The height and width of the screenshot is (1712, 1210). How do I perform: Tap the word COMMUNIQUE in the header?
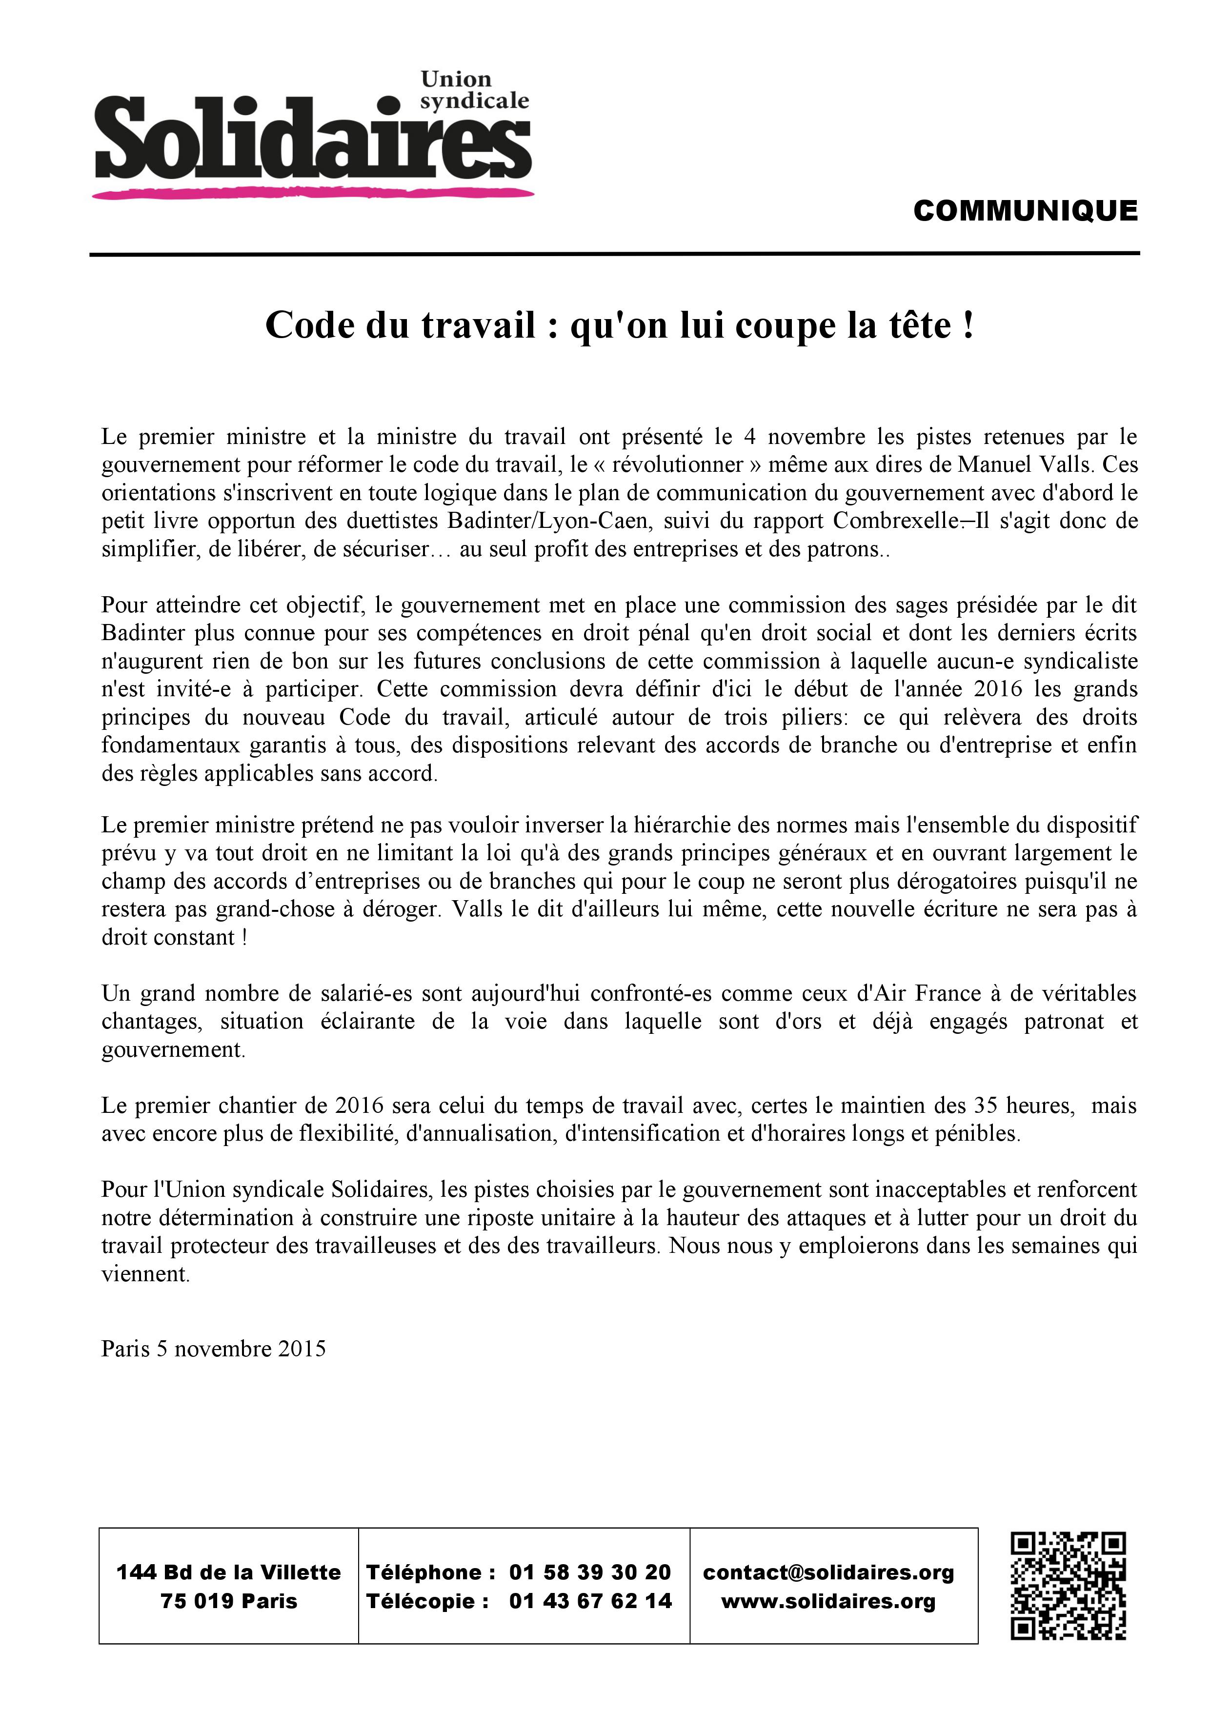[x=1025, y=211]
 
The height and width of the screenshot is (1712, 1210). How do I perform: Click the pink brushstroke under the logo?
[x=313, y=194]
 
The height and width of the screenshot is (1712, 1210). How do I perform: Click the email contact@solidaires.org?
[x=828, y=1572]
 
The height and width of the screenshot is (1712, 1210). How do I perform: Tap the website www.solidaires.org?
[x=828, y=1601]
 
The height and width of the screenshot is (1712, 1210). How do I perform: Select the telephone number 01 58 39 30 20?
[x=590, y=1572]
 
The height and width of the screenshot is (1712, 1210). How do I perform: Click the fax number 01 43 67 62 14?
[x=590, y=1601]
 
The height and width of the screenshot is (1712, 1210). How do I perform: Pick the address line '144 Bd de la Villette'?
[x=228, y=1572]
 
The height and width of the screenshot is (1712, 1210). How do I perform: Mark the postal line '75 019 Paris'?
[x=228, y=1601]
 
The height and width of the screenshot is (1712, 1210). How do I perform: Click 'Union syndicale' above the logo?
[x=474, y=89]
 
